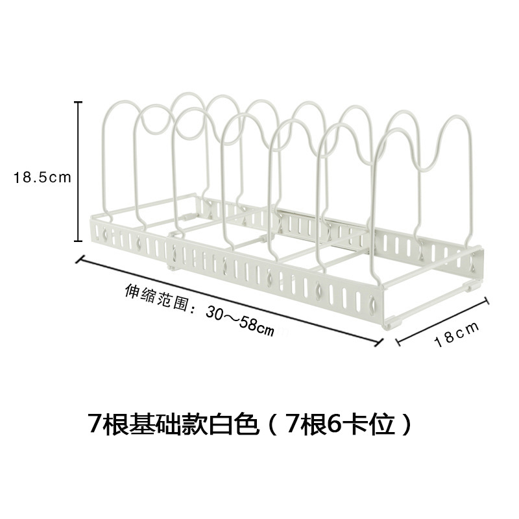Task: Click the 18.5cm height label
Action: pyautogui.click(x=42, y=177)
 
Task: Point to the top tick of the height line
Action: pyautogui.click(x=78, y=102)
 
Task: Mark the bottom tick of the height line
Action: pyautogui.click(x=78, y=241)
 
